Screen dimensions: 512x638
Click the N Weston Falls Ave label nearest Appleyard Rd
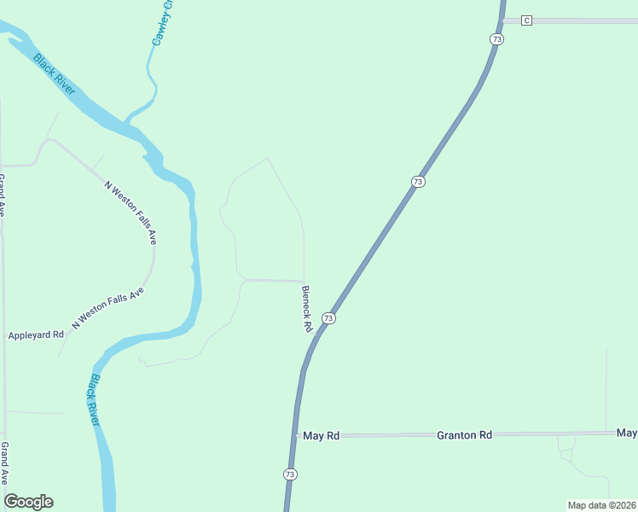108,309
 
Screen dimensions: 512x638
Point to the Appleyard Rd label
36,335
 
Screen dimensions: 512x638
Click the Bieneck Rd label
307,309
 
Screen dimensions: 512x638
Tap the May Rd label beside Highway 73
322,436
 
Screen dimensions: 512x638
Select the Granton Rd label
464,435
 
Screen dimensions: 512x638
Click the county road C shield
526,20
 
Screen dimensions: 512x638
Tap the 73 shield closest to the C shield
497,39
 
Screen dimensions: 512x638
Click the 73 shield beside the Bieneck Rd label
328,318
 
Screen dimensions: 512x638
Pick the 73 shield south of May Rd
290,474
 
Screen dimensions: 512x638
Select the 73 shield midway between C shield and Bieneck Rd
417,182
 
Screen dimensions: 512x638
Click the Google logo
28,502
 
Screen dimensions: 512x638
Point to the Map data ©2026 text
601,504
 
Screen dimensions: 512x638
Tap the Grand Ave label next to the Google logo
4,463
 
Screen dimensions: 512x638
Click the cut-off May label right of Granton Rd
627,433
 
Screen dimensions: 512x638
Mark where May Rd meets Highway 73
295,436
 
